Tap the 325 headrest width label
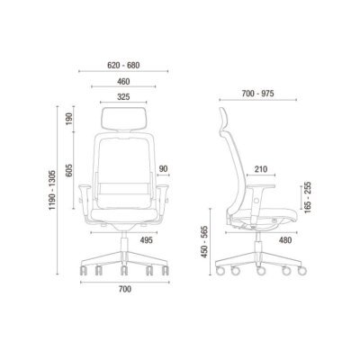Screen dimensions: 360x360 click(x=124, y=98)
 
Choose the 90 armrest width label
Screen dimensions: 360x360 click(x=163, y=166)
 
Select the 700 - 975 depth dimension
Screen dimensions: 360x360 click(x=258, y=94)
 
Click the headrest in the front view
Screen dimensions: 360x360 click(x=124, y=117)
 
